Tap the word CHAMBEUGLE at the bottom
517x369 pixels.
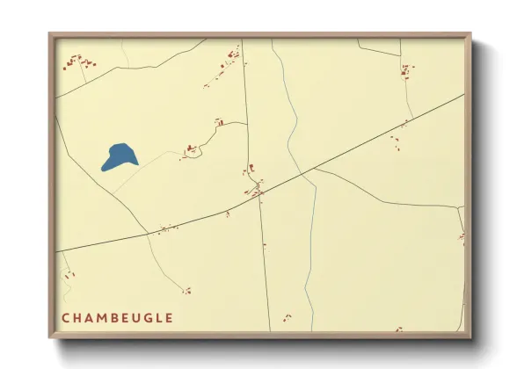pyautogui.click(x=117, y=318)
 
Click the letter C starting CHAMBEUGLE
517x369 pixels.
pyautogui.click(x=66, y=318)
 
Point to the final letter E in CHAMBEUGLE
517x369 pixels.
pyautogui.click(x=168, y=318)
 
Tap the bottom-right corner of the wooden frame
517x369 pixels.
pyautogui.click(x=470, y=336)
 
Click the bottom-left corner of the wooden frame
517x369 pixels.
pyautogui.click(x=50, y=336)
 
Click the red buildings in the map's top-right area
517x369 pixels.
pyautogui.click(x=406, y=70)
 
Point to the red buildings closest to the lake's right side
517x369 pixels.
pyautogui.click(x=189, y=151)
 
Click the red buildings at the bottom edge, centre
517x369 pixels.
pyautogui.click(x=286, y=317)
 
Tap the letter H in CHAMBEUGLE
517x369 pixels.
pyautogui.click(x=77, y=318)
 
